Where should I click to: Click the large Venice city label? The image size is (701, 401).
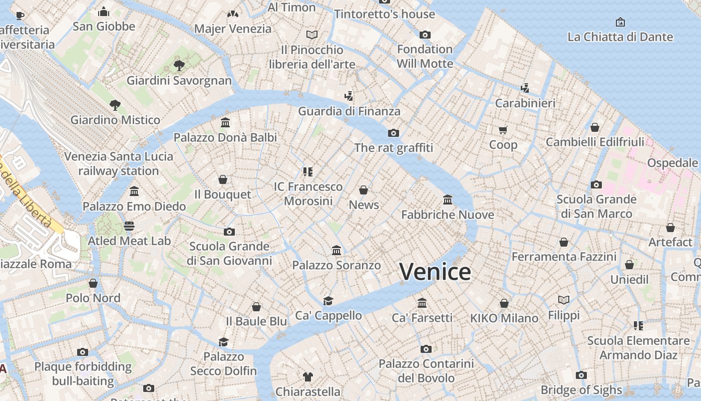point(435,272)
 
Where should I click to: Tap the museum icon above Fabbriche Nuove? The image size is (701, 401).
point(448,200)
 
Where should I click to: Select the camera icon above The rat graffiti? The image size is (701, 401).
point(394,133)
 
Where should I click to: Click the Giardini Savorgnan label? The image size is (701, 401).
point(179,81)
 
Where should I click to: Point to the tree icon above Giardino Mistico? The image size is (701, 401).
point(115,105)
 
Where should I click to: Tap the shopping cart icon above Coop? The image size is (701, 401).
point(503,130)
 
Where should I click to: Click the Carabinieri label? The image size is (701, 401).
point(525,103)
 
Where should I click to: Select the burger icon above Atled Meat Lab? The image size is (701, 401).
point(129,226)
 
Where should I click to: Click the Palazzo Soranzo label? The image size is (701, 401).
point(336,265)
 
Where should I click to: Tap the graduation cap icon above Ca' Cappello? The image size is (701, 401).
point(328,301)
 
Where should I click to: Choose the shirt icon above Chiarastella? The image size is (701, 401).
point(308,376)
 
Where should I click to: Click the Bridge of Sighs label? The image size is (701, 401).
point(581,390)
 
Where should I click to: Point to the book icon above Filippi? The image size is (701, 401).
point(564,300)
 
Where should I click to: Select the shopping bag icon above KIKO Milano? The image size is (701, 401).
point(504,303)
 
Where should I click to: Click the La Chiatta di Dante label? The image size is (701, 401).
point(620,37)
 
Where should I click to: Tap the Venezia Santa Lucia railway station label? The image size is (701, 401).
point(119,163)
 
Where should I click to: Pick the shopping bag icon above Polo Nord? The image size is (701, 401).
point(93,283)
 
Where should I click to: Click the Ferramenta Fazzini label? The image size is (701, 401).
point(564,257)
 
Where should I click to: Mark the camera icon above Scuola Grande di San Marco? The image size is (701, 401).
point(596,184)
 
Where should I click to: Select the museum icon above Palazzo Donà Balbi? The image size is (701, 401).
point(225,123)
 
